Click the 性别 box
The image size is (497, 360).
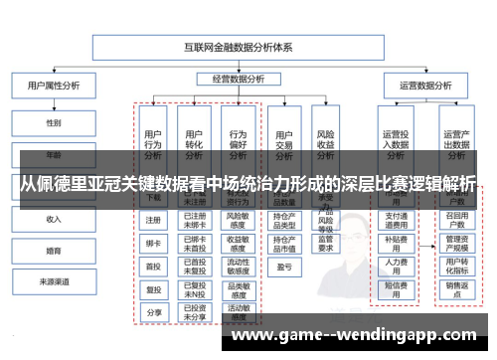coord(53,122)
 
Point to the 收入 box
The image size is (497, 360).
coord(53,218)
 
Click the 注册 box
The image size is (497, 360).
coord(153,221)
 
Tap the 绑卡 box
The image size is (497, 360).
coord(153,244)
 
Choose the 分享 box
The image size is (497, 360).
coord(153,311)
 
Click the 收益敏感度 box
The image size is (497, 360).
coord(238,240)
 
